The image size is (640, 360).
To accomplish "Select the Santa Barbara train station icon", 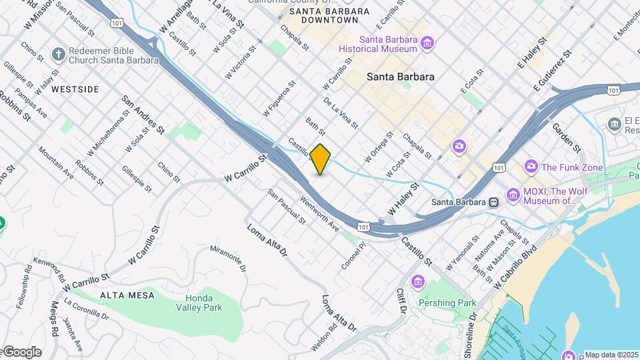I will click(x=494, y=202).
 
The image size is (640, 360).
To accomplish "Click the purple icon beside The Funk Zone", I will click(x=531, y=166).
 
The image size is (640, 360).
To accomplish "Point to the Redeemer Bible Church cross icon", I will click(x=59, y=54).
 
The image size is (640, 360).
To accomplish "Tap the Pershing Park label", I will click(x=447, y=303).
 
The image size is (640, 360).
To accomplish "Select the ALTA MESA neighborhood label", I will click(x=127, y=295).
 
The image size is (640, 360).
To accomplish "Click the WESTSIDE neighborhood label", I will click(x=75, y=89).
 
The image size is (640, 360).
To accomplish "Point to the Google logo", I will click(x=22, y=352).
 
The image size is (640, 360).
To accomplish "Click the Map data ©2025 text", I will click(x=611, y=355).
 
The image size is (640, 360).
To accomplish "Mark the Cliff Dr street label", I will click(x=402, y=301).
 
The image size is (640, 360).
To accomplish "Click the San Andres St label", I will click(x=143, y=112).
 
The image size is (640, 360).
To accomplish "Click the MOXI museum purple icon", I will click(x=513, y=195).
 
